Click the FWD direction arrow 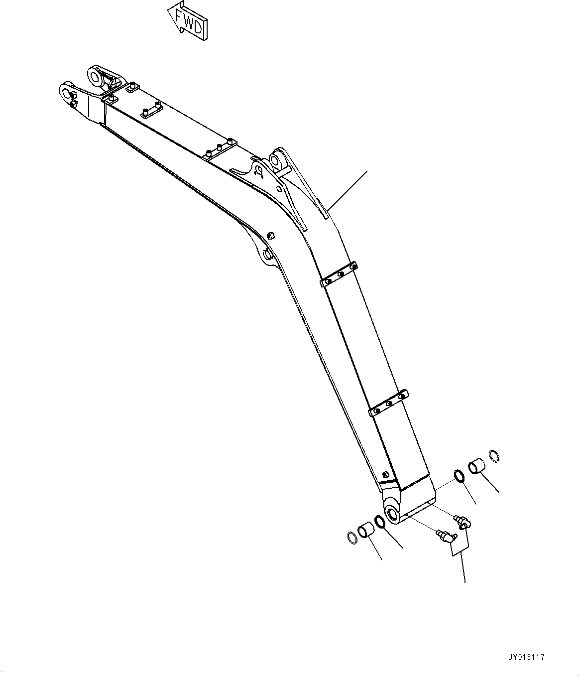[x=188, y=22]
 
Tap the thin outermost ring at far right [x=494, y=455]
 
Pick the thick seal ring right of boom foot [x=459, y=476]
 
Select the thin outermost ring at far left [x=351, y=537]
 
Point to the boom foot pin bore [x=392, y=513]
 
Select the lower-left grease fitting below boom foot [x=446, y=537]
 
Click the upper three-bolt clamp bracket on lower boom [x=339, y=274]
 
